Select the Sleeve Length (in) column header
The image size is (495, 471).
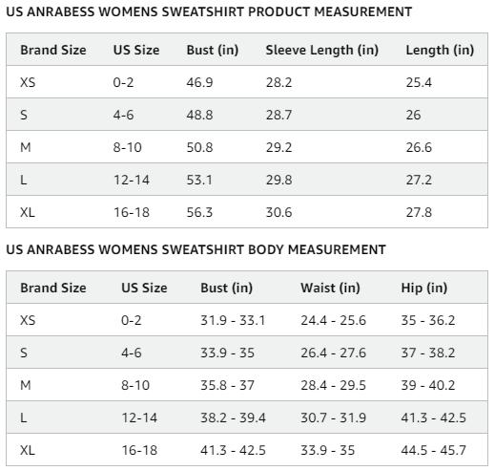(x=321, y=50)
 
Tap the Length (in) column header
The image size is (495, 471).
(x=439, y=50)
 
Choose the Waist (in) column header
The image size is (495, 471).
(x=330, y=288)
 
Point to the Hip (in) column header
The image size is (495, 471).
(x=423, y=288)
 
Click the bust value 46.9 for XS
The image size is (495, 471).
(x=199, y=83)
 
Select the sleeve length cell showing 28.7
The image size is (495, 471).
(x=278, y=115)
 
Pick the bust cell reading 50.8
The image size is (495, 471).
(x=199, y=147)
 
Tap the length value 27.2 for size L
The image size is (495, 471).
(x=419, y=180)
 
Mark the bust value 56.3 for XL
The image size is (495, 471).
(x=199, y=212)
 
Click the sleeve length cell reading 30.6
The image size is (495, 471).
(x=278, y=212)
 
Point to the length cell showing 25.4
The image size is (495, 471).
(x=419, y=83)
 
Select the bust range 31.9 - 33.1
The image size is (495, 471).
(x=233, y=321)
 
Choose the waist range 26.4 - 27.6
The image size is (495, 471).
(x=333, y=353)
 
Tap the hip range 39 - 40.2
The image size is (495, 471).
(x=428, y=385)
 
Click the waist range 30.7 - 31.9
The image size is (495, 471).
(x=333, y=417)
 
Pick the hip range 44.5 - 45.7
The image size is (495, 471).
(x=433, y=450)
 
